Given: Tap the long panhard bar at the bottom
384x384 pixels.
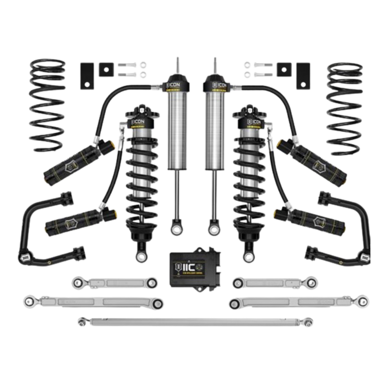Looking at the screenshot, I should click(x=195, y=322).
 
